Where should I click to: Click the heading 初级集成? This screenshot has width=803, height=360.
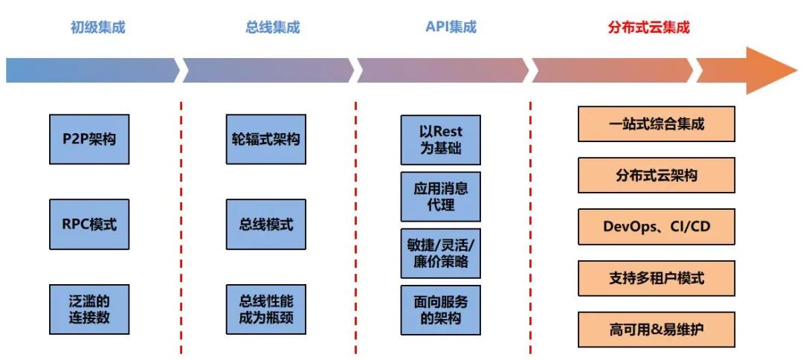98,28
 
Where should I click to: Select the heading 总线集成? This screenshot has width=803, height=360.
272,28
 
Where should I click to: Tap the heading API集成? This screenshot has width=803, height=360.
451,28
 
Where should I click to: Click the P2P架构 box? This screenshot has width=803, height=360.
89,139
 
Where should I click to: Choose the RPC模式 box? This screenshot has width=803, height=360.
89,224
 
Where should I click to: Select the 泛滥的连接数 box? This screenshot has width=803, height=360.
89,309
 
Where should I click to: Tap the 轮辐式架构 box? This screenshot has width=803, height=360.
265,139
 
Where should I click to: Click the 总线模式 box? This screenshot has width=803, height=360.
265,224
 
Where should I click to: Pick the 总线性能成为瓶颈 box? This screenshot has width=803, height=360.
265,309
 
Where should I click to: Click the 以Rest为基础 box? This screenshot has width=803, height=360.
440,140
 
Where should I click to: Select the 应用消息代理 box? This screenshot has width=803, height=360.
440,196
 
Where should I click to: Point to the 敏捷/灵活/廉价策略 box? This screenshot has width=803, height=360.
440,253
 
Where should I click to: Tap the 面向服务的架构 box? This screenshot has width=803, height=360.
440,309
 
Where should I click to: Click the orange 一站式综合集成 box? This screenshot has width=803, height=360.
656,124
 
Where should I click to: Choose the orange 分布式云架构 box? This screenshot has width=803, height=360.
656,176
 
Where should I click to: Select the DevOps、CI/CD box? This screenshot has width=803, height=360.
656,227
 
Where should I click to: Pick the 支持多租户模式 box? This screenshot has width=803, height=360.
656,278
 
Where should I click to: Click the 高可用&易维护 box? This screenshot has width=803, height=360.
656,330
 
